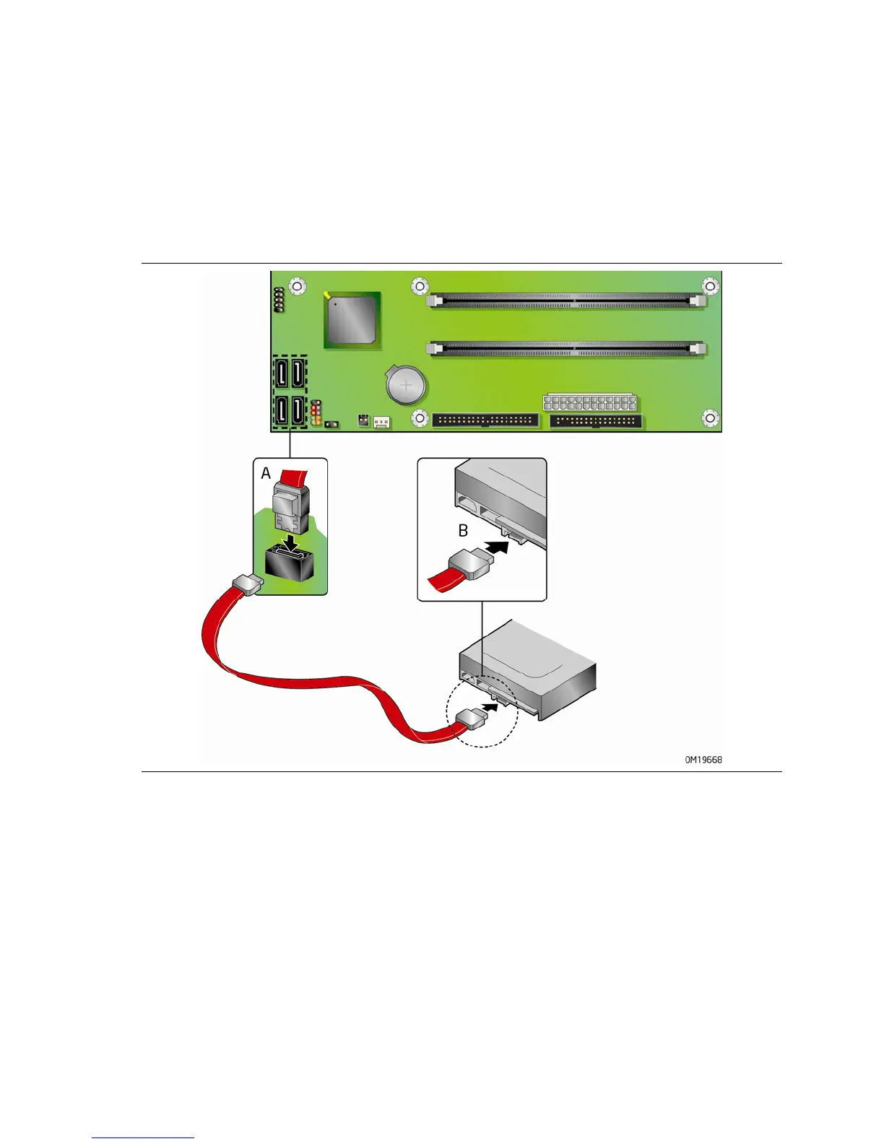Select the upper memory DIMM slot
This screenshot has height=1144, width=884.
click(567, 301)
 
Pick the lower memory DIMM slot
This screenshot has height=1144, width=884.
click(567, 349)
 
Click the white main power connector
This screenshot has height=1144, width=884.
click(590, 402)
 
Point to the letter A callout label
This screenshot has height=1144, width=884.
click(266, 474)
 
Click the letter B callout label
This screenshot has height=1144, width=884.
click(463, 531)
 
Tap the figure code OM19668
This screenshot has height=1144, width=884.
click(703, 760)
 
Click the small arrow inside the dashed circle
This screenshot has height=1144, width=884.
click(490, 708)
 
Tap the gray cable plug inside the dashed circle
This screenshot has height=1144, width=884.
click(471, 719)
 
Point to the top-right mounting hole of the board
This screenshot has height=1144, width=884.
click(711, 287)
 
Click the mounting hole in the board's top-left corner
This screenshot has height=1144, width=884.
click(295, 285)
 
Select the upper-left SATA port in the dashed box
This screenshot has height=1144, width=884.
click(280, 374)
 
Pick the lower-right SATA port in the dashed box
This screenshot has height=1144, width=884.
click(297, 412)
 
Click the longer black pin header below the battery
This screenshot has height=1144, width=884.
click(485, 420)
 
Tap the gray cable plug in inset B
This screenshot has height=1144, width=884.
click(468, 563)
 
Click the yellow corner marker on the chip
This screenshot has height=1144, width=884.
click(328, 295)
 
